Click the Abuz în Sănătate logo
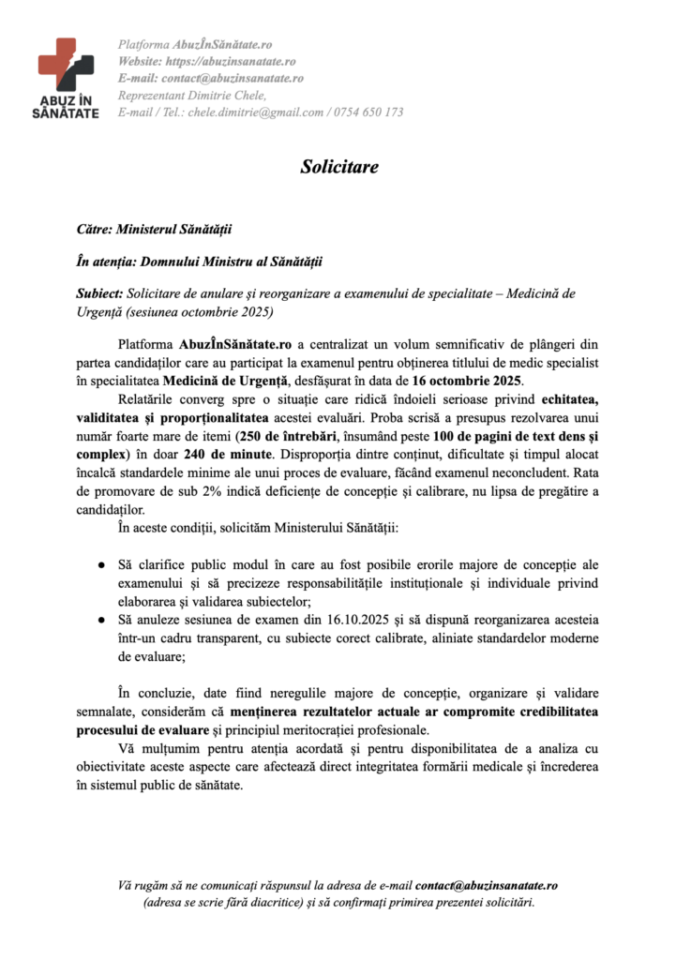[68, 77]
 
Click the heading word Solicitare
[338, 167]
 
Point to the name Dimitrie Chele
[230, 96]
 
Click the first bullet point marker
[100, 567]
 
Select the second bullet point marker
[100, 621]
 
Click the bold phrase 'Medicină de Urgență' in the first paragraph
[220, 381]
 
